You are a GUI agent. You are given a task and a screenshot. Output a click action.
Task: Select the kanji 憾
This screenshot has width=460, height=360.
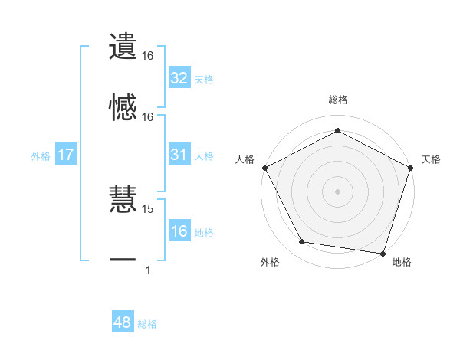pos(123,108)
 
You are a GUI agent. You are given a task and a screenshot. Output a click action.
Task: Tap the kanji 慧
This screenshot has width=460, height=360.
pos(123,201)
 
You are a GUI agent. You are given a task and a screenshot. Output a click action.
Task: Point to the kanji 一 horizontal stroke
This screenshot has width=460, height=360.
pos(123,261)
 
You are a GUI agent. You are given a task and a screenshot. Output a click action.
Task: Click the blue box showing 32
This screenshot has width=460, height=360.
pos(179,78)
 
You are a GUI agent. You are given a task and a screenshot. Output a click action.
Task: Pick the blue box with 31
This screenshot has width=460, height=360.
pos(179,155)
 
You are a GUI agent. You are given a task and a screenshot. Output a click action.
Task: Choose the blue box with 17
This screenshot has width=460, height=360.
pos(65,155)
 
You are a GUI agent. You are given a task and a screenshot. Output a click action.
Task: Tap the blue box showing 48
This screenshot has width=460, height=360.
pos(122,322)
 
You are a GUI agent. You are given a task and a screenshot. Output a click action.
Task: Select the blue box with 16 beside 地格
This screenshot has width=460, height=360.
pos(179,231)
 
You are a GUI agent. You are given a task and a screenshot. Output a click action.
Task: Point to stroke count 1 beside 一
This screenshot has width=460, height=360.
pos(148,270)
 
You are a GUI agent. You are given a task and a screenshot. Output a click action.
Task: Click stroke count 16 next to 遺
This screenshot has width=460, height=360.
pos(148,56)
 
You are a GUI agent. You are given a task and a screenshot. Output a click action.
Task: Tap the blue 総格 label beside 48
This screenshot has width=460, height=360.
pos(147,324)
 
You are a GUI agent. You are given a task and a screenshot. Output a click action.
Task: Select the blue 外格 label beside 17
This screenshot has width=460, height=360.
pos(41,155)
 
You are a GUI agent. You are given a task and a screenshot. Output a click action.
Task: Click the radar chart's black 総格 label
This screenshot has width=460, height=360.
pos(337,100)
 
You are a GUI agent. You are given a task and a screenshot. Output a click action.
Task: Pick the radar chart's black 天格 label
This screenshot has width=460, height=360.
pos(431,159)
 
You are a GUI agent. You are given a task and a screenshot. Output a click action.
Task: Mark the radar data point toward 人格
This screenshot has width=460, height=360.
pos(264,167)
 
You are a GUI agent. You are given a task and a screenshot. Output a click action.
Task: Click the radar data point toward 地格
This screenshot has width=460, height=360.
pos(383,253)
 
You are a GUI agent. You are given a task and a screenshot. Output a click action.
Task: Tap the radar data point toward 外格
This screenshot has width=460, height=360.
pos(303,242)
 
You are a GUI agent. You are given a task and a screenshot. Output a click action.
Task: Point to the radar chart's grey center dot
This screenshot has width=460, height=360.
pos(337,191)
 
